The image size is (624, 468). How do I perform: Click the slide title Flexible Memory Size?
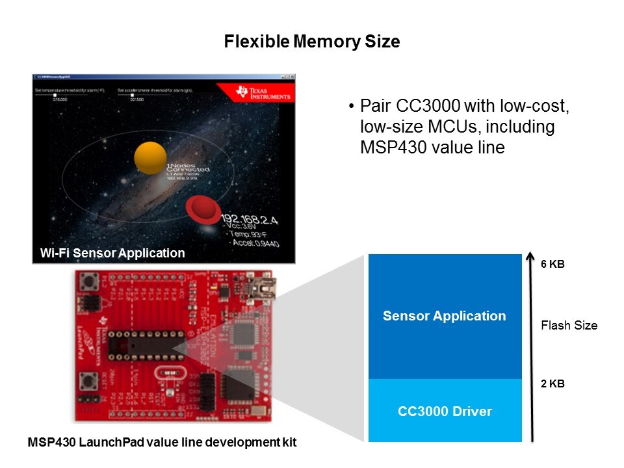pyautogui.click(x=311, y=42)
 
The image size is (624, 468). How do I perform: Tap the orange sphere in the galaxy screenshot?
pyautogui.click(x=150, y=158)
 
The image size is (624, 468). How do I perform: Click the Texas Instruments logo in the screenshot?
pyautogui.click(x=256, y=92)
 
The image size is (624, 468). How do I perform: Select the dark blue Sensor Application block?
pyautogui.click(x=445, y=317)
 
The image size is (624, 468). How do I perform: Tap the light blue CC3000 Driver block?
pyautogui.click(x=445, y=411)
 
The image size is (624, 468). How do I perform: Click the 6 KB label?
pyautogui.click(x=552, y=266)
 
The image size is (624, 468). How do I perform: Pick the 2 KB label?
pyautogui.click(x=552, y=383)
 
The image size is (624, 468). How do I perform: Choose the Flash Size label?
pyautogui.click(x=569, y=326)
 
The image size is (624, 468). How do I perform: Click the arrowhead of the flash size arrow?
pyautogui.click(x=533, y=258)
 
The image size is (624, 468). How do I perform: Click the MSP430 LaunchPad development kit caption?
pyautogui.click(x=162, y=443)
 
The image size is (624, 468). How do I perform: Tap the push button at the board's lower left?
pyautogui.click(x=85, y=383)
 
